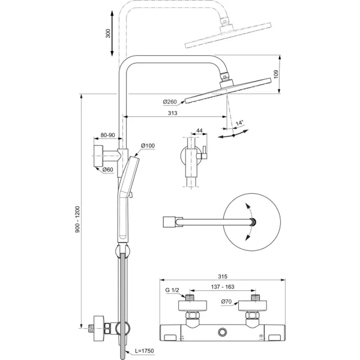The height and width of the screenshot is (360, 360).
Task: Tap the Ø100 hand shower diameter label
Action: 148,146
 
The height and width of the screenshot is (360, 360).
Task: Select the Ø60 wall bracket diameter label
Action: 108,170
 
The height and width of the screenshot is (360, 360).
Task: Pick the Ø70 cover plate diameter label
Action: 226,302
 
